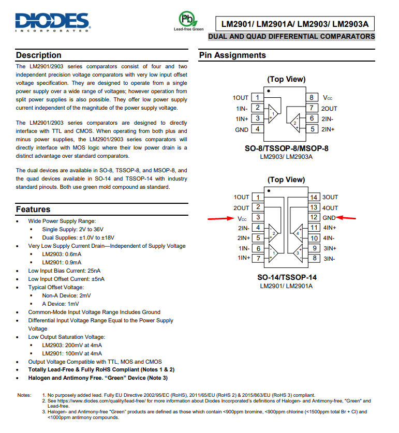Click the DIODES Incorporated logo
pos(53,22)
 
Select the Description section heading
pos(39,55)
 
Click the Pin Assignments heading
pos(232,55)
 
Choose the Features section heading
pos(33,210)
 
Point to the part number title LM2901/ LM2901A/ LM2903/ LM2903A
pos(295,24)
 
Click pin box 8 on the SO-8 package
pos(312,97)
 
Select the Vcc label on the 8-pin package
pos(328,98)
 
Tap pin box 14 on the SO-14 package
pos(314,197)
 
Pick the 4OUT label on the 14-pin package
pos(330,207)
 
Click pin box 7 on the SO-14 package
pos(258,258)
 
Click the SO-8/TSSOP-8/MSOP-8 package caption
pos(286,148)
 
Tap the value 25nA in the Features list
pos(94,271)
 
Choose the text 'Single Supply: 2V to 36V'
pos(73,229)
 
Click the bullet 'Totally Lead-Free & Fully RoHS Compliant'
pos(101,370)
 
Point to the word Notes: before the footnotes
pos(24,395)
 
